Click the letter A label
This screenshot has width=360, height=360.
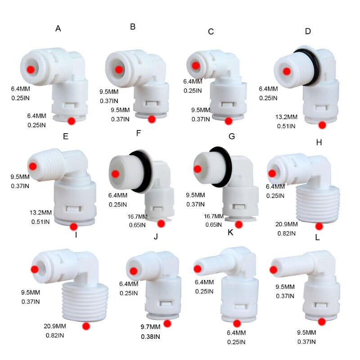(x=58, y=28)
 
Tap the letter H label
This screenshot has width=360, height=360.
(x=319, y=142)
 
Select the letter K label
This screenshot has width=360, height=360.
(x=230, y=233)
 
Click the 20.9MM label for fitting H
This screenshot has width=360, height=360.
(x=286, y=224)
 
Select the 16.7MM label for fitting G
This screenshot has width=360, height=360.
(x=214, y=216)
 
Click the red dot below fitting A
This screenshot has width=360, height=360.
(x=71, y=121)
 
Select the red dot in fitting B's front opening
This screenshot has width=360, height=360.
(x=118, y=69)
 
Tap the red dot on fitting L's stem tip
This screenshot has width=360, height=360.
(x=273, y=270)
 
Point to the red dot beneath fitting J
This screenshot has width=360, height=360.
(x=167, y=323)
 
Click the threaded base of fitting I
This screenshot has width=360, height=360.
(x=84, y=299)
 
